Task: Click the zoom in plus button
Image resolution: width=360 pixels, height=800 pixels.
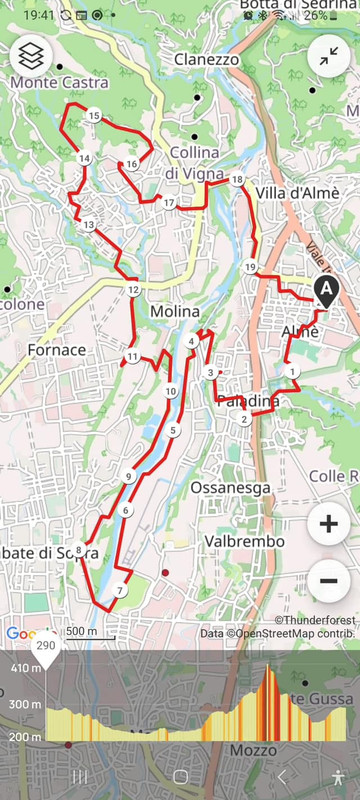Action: [x=329, y=524]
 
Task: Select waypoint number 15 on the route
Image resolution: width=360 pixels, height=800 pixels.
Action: [x=94, y=117]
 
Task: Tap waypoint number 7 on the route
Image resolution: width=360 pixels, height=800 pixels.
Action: [x=119, y=590]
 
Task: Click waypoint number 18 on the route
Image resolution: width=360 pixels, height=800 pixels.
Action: [x=237, y=180]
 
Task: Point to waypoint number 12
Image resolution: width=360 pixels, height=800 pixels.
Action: [x=133, y=290]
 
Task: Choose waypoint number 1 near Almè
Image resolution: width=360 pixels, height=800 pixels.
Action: [x=292, y=372]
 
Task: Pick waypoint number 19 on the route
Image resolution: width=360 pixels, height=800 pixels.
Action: [x=250, y=267]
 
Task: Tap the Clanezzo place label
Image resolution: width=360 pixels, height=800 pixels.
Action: [x=206, y=60]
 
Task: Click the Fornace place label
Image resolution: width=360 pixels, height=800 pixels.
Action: [x=57, y=350]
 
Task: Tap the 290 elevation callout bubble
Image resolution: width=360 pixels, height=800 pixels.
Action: [x=46, y=647]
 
